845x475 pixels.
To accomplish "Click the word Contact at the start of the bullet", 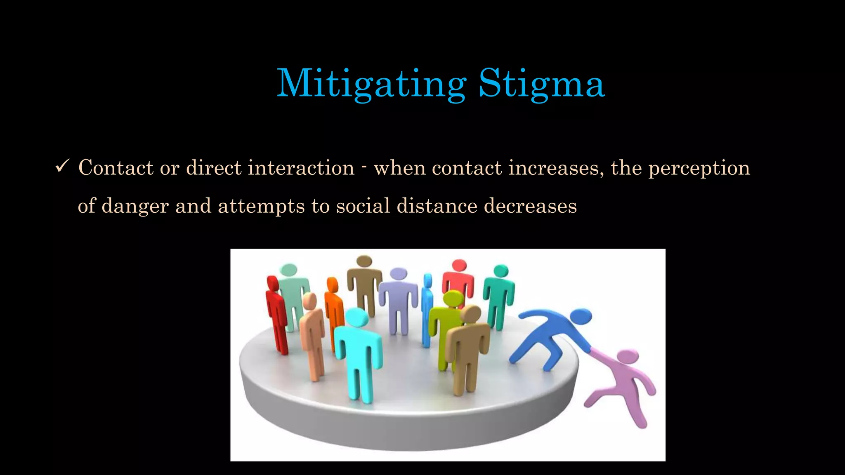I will [x=116, y=168].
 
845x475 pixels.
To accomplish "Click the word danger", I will [x=135, y=206].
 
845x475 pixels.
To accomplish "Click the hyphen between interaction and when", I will [x=364, y=167].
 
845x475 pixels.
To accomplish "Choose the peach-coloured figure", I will [x=312, y=334].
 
